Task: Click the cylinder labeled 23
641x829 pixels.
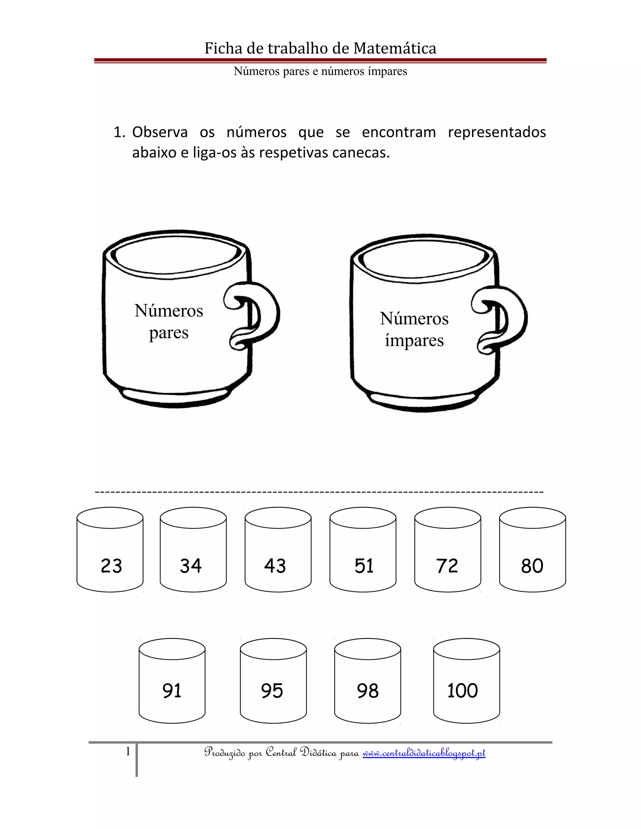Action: (110, 550)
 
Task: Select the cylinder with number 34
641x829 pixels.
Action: (193, 550)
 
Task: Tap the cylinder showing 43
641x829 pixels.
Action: (278, 550)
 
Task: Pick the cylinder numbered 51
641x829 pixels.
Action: (363, 550)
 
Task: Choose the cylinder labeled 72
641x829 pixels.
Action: (448, 550)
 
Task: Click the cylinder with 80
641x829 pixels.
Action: (532, 550)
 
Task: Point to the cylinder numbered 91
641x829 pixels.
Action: (172, 681)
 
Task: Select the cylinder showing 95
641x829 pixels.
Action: (274, 681)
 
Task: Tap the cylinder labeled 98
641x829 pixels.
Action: (367, 681)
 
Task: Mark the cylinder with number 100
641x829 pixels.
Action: (466, 681)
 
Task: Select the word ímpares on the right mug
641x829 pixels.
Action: (414, 340)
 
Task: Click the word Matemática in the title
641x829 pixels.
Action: (395, 48)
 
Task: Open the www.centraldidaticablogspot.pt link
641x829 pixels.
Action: (424, 753)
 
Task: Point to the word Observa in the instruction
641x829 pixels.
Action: (160, 132)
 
